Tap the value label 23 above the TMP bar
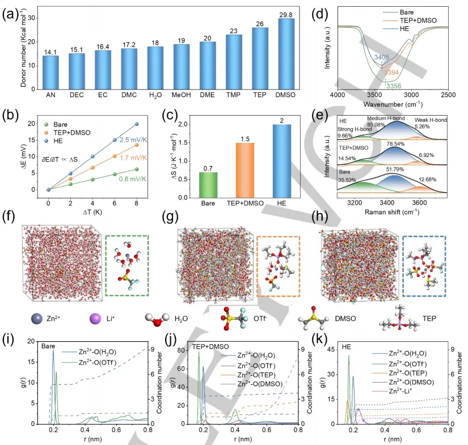click(233, 31)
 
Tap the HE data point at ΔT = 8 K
click(136, 124)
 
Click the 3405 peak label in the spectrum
click(382, 57)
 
